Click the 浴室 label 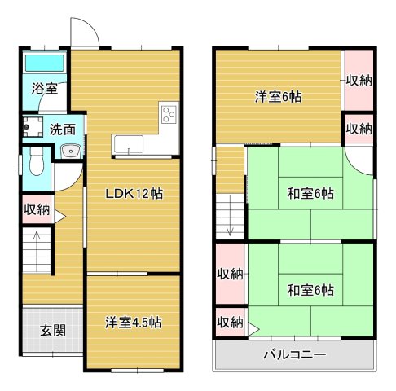tap(45, 88)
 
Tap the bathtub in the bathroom tap(46, 64)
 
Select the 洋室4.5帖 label tap(132, 322)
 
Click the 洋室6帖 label tap(278, 97)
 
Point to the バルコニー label tap(294, 355)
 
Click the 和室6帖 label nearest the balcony tap(310, 289)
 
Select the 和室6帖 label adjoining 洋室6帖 tap(310, 194)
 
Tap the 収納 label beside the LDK tap(37, 209)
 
